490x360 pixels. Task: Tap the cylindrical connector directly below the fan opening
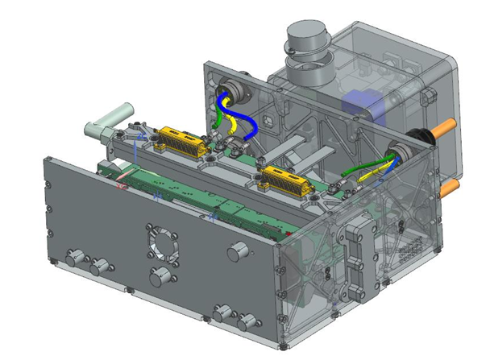(x=160, y=278)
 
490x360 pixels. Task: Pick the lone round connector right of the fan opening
(x=237, y=251)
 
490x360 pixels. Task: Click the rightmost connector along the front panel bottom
(x=246, y=322)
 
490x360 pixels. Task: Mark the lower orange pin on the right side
(x=451, y=186)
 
